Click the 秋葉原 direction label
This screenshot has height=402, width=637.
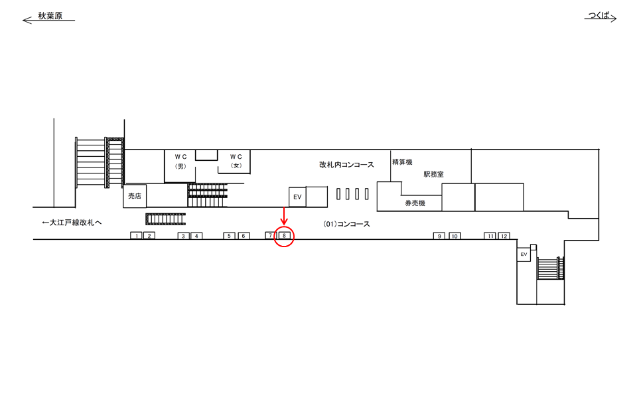coord(50,16)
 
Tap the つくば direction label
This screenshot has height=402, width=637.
coord(600,15)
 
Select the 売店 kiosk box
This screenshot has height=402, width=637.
coord(135,196)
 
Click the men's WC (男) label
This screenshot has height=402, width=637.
coord(180,161)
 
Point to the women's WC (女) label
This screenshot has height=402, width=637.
coord(236,161)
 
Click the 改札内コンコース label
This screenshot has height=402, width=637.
coord(346,165)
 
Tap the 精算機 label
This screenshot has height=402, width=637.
coord(402,162)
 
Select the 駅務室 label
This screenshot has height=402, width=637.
coord(433,174)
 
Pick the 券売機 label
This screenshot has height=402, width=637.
coord(415,203)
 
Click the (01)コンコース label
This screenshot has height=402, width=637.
coord(346,224)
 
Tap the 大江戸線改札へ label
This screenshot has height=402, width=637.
coord(72,223)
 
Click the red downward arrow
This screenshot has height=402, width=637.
coord(284,216)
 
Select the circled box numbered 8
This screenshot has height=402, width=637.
coord(284,236)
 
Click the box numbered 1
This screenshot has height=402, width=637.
coord(137,236)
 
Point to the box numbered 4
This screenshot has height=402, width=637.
coord(196,236)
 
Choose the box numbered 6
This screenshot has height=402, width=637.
coord(244,236)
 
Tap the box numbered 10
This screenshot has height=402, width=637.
coord(455,236)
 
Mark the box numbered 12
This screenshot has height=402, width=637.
coord(504,236)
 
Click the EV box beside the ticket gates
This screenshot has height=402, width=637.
coord(297,197)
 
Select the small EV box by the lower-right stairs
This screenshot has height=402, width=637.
coord(524,254)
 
